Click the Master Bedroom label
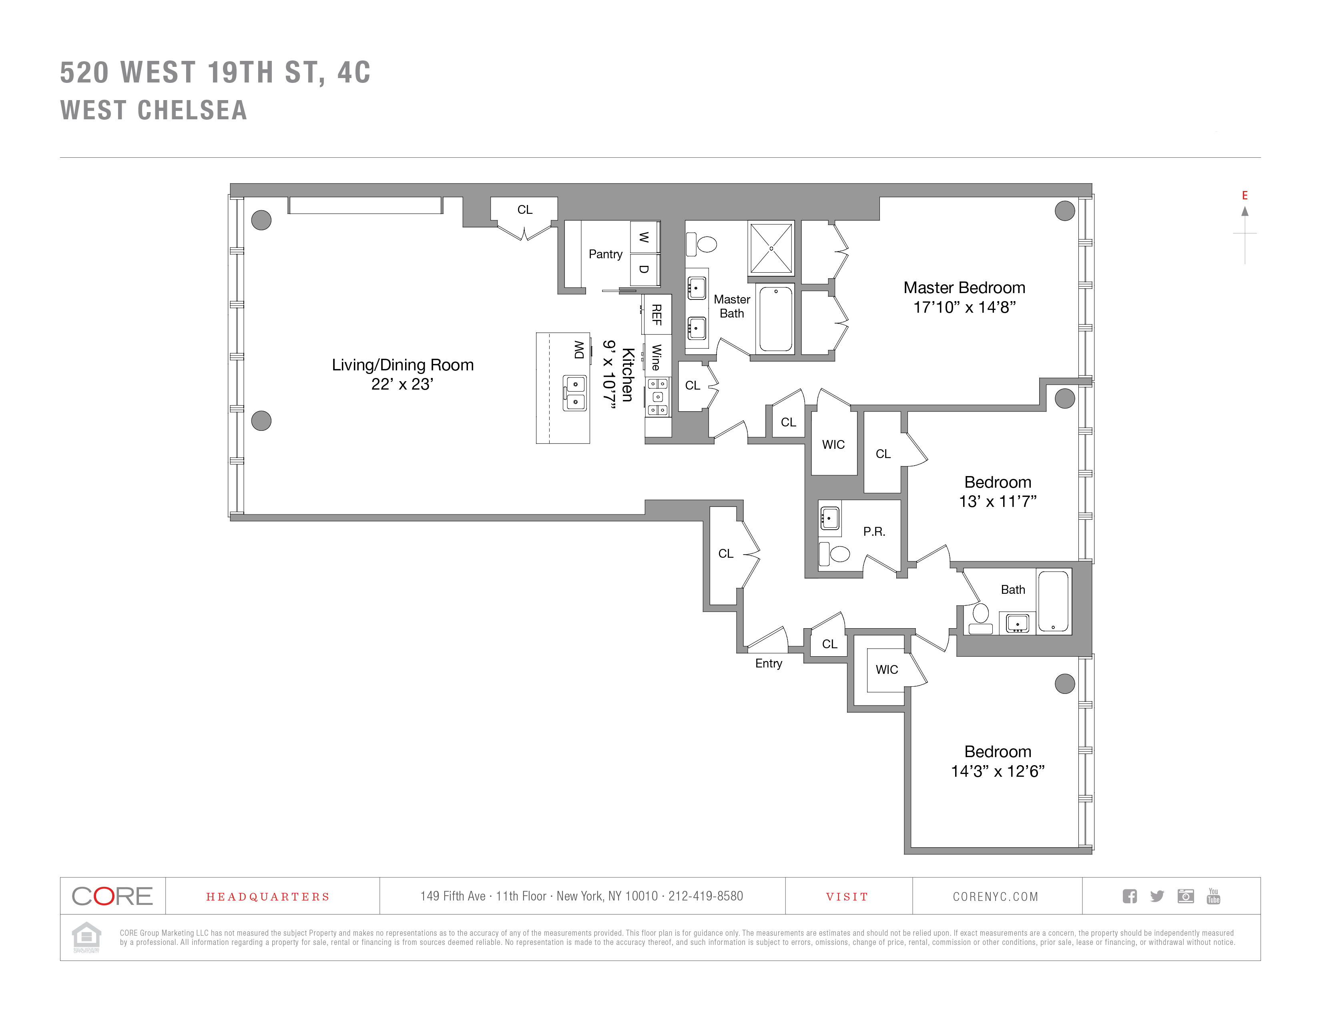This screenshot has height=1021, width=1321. click(x=964, y=288)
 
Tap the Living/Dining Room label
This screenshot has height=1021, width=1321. click(x=402, y=365)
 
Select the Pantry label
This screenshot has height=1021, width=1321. click(x=605, y=254)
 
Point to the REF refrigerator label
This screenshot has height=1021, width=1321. click(x=656, y=315)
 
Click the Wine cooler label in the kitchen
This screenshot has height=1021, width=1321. click(x=656, y=357)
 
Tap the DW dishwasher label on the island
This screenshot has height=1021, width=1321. click(x=579, y=350)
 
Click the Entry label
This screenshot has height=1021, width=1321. click(x=768, y=663)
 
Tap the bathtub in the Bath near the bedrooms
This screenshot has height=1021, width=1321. click(x=1053, y=602)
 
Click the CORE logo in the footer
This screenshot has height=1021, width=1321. click(x=112, y=896)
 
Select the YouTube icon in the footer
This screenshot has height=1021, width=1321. click(x=1213, y=896)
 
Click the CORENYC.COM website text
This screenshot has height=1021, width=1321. click(x=996, y=897)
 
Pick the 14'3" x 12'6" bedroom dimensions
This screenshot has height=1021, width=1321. click(x=998, y=771)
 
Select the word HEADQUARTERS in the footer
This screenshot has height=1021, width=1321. click(x=268, y=897)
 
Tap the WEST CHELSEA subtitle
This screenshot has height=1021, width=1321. click(x=154, y=110)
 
